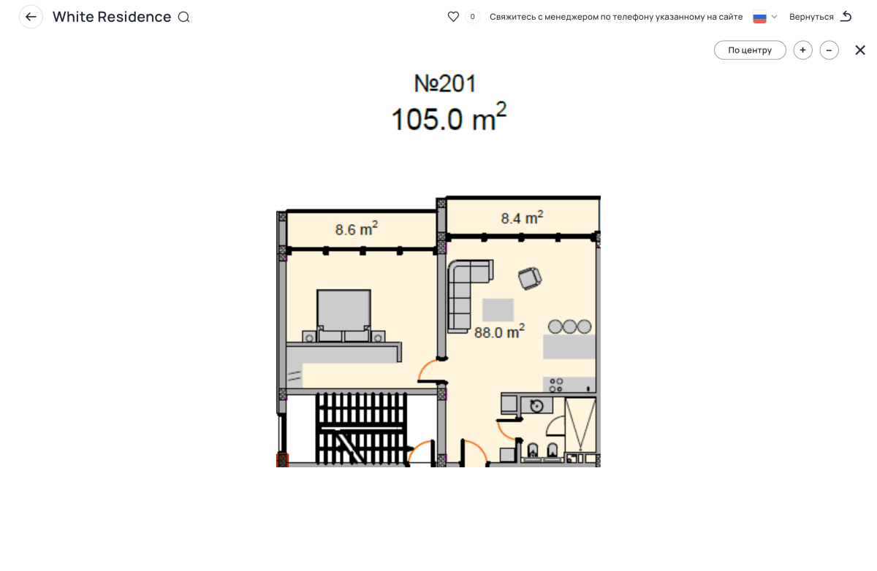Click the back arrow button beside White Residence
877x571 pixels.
pos(31,17)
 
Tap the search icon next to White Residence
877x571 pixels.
pos(183,18)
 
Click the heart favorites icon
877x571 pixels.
pos(453,17)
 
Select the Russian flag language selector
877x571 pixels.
pos(759,18)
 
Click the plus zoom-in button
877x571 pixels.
pos(802,50)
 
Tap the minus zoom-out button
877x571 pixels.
pos(829,50)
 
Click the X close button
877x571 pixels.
pos(859,50)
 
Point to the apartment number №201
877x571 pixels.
pos(445,83)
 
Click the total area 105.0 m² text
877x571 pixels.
pos(449,117)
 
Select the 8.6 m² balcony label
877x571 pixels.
pos(357,229)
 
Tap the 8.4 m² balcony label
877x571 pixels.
pos(522,218)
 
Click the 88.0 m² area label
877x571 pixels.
pos(499,332)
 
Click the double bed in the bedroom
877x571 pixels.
pos(343,315)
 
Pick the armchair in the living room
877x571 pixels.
pos(530,278)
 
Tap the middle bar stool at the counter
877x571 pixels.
pos(569,326)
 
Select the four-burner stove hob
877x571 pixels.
pos(556,385)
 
